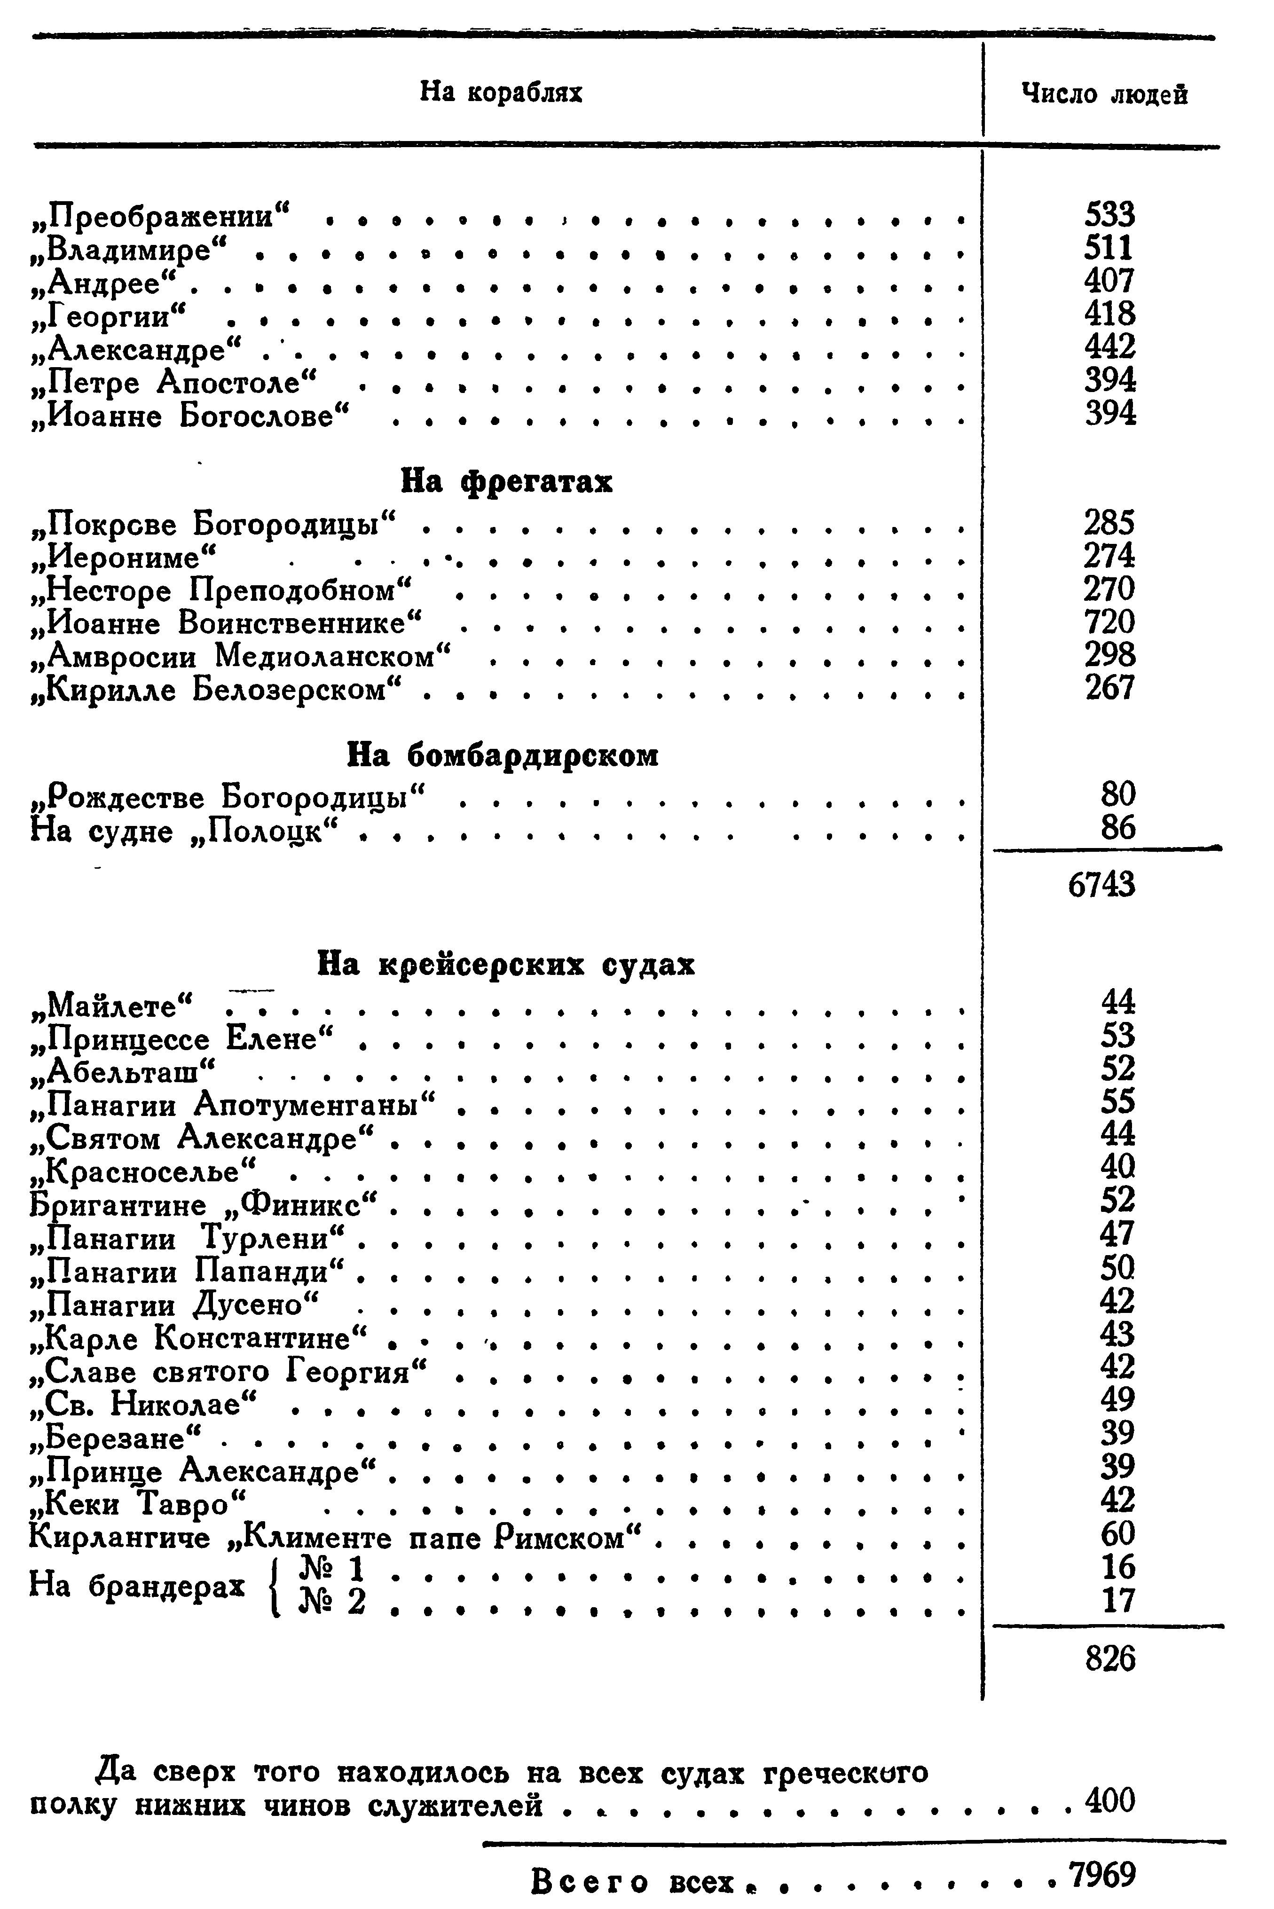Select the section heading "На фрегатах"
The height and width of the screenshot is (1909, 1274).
click(x=506, y=482)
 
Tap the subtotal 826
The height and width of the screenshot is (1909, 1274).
click(x=1110, y=1659)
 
